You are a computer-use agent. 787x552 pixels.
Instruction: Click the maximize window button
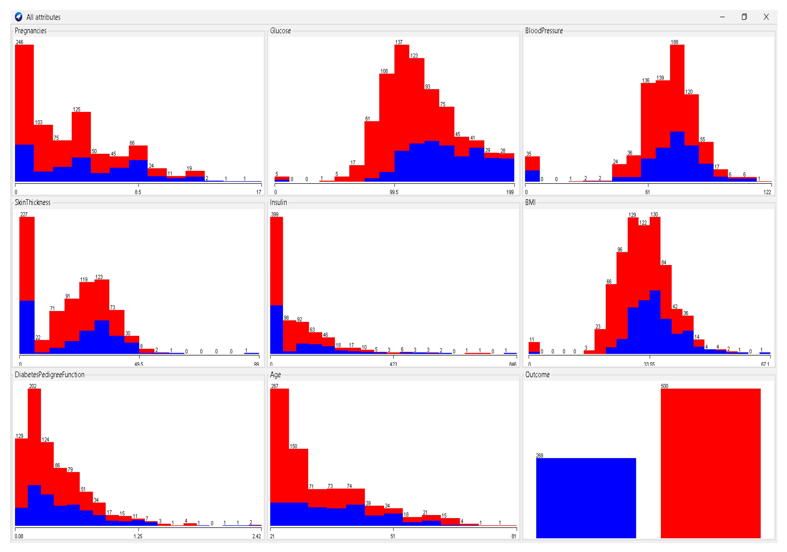744,17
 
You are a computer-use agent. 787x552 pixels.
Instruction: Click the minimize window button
722,17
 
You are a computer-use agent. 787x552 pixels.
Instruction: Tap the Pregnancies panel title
30,31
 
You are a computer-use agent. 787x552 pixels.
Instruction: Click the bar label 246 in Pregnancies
19,42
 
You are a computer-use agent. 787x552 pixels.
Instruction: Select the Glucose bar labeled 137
402,113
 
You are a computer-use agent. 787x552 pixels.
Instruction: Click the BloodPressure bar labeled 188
677,113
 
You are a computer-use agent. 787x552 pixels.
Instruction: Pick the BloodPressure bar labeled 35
532,169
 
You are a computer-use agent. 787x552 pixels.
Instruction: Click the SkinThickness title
33,203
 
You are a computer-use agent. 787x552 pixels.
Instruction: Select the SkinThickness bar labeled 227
27,284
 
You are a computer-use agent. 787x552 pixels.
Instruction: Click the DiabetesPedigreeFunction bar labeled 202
34,456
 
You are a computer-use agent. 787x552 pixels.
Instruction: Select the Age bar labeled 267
279,456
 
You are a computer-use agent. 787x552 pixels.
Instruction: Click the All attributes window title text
43,17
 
